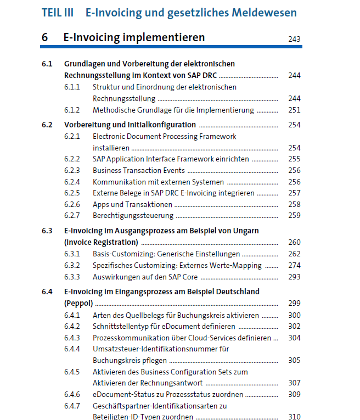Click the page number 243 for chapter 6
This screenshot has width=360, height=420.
pos(294,39)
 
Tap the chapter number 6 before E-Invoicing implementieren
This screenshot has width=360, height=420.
pos(44,37)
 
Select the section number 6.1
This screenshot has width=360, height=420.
pos(47,64)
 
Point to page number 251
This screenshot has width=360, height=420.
pos(294,110)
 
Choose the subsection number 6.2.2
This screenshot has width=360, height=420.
pos(72,159)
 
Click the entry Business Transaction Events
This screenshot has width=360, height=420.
pos(138,170)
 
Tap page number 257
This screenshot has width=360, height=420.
pos(294,193)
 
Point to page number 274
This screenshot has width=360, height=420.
pos(294,265)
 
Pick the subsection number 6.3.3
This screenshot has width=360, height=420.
pos(72,277)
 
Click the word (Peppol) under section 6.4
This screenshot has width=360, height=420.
pos(78,303)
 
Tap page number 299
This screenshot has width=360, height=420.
pos(294,303)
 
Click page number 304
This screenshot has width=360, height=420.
pos(294,338)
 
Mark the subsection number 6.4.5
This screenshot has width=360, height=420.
pos(72,372)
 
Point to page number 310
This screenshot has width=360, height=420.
pos(294,417)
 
